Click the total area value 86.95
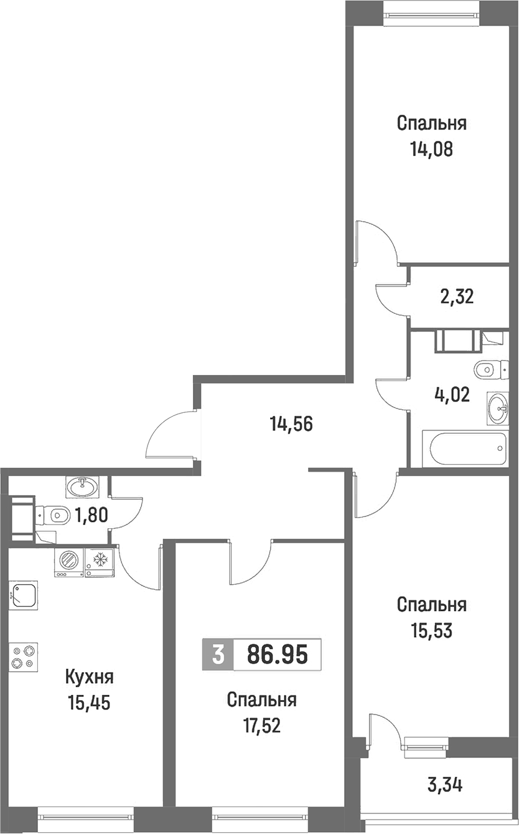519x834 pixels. coord(278,655)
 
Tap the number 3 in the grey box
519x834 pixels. coord(218,655)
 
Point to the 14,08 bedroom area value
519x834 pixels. coord(432,149)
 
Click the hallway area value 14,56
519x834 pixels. coord(292,424)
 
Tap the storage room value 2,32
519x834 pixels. coord(457,297)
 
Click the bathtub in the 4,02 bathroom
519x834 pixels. coord(465,448)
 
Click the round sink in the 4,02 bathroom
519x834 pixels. coord(498,408)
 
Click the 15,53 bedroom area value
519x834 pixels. coord(432,630)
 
